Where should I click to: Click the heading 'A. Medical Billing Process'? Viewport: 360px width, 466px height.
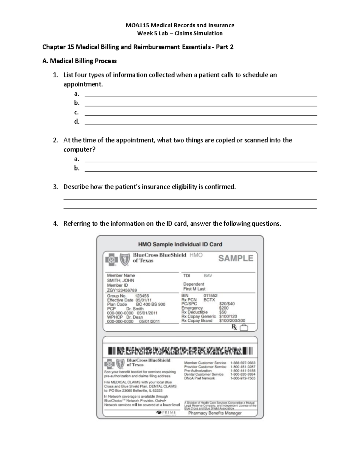tap(79, 61)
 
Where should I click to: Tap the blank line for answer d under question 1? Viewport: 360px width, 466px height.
tap(201, 124)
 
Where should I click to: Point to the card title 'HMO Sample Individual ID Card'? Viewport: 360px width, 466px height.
tap(180, 244)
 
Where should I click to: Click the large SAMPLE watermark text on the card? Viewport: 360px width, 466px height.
tap(235, 258)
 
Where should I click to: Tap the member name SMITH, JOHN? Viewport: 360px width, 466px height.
tap(120, 280)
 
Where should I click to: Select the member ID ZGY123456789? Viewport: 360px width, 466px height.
tap(122, 290)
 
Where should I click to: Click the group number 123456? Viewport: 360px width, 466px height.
tap(142, 296)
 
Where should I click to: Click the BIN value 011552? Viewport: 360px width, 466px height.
tap(210, 296)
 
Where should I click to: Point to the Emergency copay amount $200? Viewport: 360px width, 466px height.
tap(223, 308)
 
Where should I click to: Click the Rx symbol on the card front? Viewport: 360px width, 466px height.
tap(234, 327)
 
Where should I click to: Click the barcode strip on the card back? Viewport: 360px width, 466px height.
tap(180, 350)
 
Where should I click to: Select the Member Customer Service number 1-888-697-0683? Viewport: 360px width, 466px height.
tap(243, 363)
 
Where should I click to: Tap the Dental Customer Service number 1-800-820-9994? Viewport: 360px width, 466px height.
tap(243, 374)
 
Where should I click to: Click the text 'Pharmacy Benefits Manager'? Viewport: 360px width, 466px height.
tap(215, 413)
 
